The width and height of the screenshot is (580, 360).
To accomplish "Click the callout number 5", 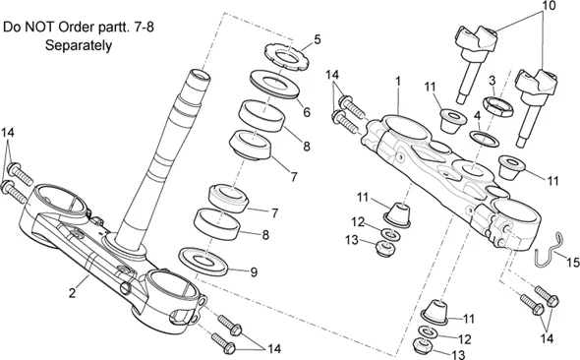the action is (x=318, y=39).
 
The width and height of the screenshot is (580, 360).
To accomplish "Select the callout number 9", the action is (x=254, y=272).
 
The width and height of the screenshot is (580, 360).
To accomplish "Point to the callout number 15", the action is (x=572, y=263).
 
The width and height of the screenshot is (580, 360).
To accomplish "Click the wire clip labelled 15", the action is (x=547, y=250).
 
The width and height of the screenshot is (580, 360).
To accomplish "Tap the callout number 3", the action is (x=492, y=81).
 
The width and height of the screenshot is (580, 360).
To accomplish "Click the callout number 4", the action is (x=478, y=115).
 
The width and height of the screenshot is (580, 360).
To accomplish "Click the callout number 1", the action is (x=398, y=81).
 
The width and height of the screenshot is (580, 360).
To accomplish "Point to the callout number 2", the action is (x=73, y=293).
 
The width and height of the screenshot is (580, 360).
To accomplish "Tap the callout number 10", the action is (x=550, y=6).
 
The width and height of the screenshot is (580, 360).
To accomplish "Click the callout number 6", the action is (x=307, y=112).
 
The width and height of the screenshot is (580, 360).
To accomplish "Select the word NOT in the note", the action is (x=38, y=28).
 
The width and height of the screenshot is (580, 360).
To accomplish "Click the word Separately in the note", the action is (x=79, y=45).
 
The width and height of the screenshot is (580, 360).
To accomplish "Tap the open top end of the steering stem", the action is (x=200, y=75).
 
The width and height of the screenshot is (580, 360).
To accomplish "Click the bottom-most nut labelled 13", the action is (x=422, y=345).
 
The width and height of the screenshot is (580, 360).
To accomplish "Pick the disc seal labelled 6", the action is (x=274, y=85).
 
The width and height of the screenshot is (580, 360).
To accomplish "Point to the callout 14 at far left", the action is (x=8, y=132).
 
